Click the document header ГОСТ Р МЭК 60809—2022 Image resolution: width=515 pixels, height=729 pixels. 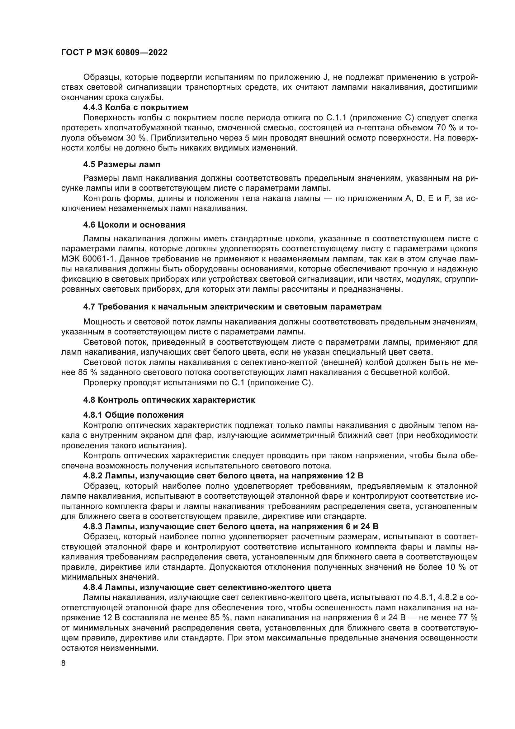(x=114, y=53)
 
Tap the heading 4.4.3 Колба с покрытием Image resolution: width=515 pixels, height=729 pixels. (x=136, y=107)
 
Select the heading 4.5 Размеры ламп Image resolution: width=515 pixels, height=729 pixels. (x=122, y=165)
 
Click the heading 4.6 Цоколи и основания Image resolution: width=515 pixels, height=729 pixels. (x=134, y=225)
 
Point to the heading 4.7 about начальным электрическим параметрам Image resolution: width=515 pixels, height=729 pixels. (x=232, y=307)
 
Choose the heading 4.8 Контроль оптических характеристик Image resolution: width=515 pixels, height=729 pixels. (x=169, y=400)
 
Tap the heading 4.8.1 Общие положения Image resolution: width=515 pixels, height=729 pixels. (x=134, y=415)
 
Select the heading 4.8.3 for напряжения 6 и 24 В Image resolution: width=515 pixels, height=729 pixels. (x=231, y=526)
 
